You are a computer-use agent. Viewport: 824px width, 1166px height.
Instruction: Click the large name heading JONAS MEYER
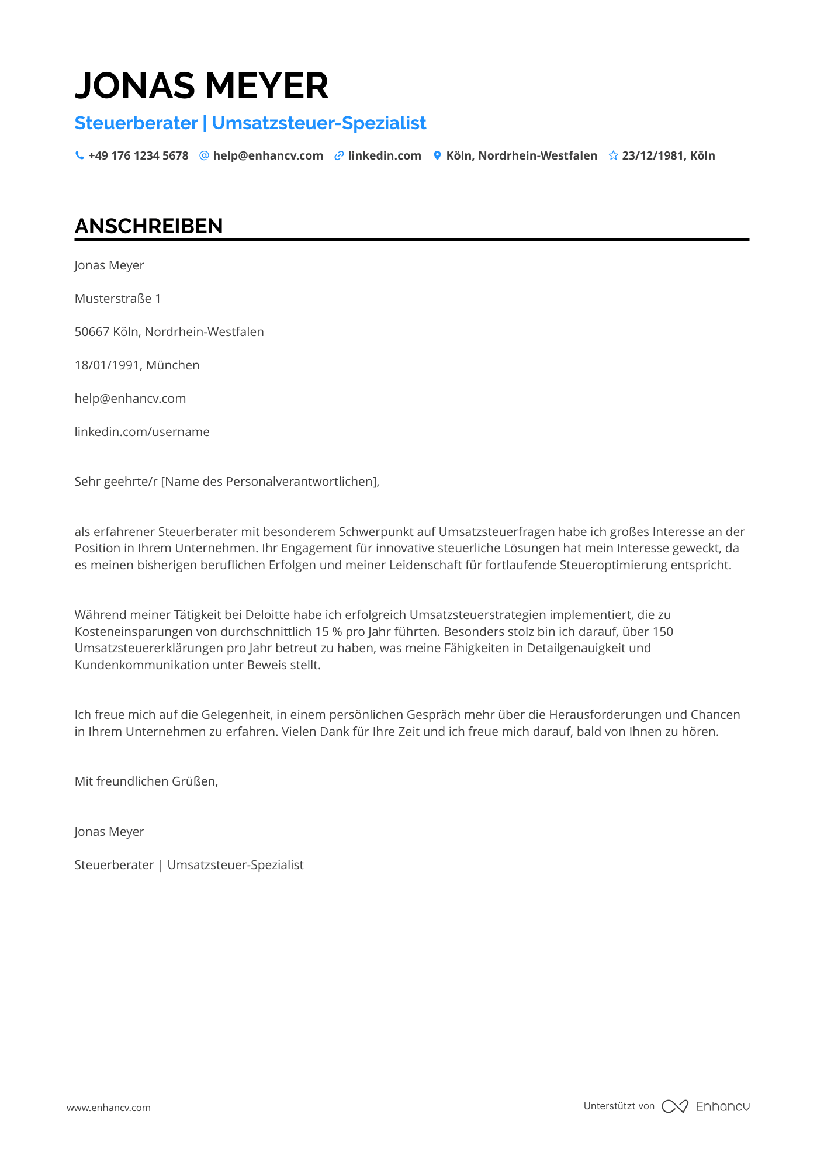(202, 86)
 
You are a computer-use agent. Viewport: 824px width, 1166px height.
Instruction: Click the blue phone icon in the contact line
(79, 155)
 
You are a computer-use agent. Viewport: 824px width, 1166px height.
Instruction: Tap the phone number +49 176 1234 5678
(139, 155)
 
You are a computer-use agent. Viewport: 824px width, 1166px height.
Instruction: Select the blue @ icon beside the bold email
(204, 155)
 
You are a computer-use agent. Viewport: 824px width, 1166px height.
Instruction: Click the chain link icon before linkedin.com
(339, 155)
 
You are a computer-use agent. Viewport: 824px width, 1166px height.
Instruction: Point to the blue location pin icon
(437, 155)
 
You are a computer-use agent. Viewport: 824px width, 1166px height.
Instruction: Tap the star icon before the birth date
(613, 155)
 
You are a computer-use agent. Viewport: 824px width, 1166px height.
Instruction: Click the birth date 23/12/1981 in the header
(653, 155)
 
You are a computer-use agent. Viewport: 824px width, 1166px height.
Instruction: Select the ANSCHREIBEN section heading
(149, 226)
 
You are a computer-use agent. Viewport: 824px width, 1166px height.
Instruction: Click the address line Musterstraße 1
(117, 299)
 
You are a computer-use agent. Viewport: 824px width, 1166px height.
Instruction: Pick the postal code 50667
(92, 332)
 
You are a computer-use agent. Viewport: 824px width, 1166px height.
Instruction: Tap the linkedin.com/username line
(142, 432)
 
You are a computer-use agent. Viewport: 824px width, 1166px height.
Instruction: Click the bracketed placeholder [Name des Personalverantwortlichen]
(269, 482)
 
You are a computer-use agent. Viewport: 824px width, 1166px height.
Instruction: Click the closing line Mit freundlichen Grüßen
(146, 781)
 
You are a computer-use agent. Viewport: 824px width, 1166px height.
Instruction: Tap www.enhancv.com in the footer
(109, 1108)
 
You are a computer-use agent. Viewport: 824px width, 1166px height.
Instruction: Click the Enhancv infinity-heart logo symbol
(675, 1106)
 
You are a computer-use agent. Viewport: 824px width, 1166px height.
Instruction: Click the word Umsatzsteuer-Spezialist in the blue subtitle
(319, 123)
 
